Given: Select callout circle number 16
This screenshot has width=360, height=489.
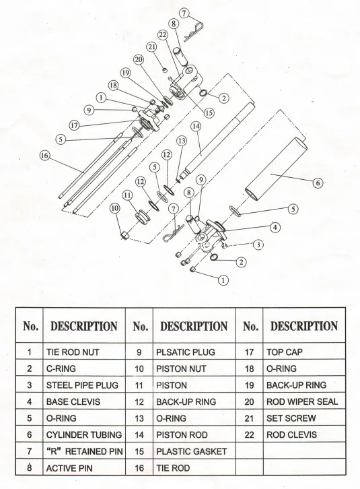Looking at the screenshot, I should [x=44, y=154].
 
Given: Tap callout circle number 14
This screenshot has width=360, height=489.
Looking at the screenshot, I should [x=196, y=126].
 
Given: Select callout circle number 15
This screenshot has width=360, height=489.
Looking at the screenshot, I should [x=209, y=112].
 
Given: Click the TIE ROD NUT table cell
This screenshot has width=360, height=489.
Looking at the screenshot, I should [x=81, y=352].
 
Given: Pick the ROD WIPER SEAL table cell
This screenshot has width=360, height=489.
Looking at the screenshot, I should [x=301, y=401].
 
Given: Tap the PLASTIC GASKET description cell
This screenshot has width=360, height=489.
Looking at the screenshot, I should [x=192, y=451].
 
